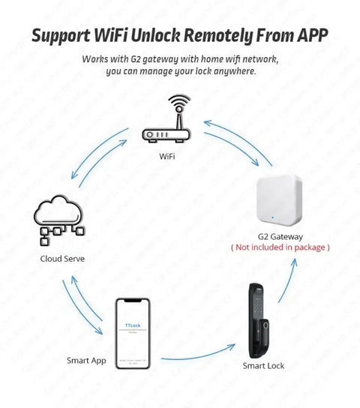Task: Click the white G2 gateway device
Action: pyautogui.click(x=280, y=202)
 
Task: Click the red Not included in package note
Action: pyautogui.click(x=280, y=247)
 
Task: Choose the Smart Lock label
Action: pyautogui.click(x=262, y=365)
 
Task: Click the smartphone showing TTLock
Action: pyautogui.click(x=132, y=330)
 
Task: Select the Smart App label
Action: pyautogui.click(x=86, y=361)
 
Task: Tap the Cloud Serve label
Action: pyautogui.click(x=62, y=259)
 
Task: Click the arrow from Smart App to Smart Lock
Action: pyautogui.click(x=195, y=357)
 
